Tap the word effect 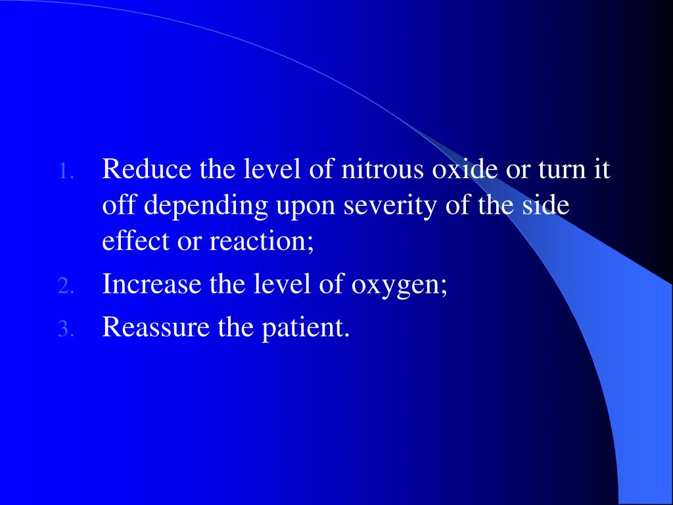coord(132,241)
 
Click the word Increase coord(151,284)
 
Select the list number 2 coord(65,287)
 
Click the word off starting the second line coord(120,206)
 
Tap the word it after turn coord(602,171)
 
